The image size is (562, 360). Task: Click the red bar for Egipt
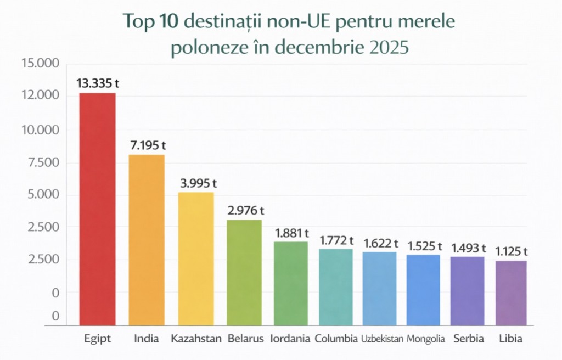pyautogui.click(x=98, y=209)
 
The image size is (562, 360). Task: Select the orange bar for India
pyautogui.click(x=147, y=240)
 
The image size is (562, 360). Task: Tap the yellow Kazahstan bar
pyautogui.click(x=196, y=258)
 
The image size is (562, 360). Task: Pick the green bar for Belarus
pyautogui.click(x=244, y=272)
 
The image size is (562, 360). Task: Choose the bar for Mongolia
pyautogui.click(x=423, y=290)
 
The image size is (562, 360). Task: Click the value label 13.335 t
pyautogui.click(x=97, y=83)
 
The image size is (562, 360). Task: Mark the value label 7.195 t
pyautogui.click(x=146, y=145)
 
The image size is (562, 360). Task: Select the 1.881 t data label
pyautogui.click(x=291, y=233)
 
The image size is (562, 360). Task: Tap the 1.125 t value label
pyautogui.click(x=510, y=251)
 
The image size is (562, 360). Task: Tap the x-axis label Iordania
pyautogui.click(x=291, y=339)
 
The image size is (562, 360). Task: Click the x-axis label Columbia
pyautogui.click(x=336, y=339)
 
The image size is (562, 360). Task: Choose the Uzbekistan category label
pyautogui.click(x=382, y=339)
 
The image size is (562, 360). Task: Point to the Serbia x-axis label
pyautogui.click(x=469, y=339)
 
